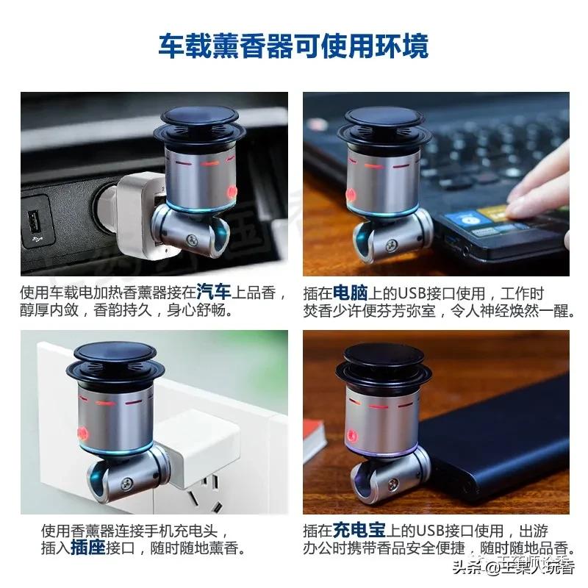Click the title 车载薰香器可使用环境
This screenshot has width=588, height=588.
[294, 46]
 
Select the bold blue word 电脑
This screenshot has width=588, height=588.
[352, 293]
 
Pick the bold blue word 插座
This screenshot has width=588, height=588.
[90, 548]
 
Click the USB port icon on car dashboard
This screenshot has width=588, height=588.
[34, 220]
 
